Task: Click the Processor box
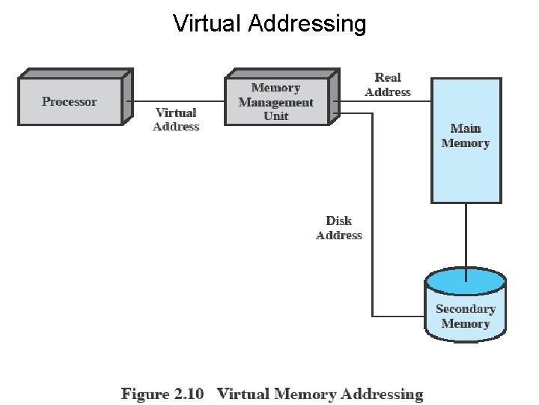click(x=76, y=97)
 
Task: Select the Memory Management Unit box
click(x=282, y=97)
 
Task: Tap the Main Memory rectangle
click(x=466, y=140)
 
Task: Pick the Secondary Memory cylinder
click(x=466, y=304)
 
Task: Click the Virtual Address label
click(x=176, y=119)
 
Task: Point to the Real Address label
click(x=388, y=85)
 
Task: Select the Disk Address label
click(x=339, y=228)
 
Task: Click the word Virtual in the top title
click(x=207, y=23)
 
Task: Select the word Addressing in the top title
click(x=307, y=24)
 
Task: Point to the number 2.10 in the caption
click(x=189, y=394)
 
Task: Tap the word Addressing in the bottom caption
click(x=382, y=394)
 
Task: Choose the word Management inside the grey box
click(x=275, y=103)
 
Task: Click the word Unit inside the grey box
click(x=275, y=115)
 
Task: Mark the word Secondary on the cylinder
click(x=466, y=309)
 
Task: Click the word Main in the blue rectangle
click(x=466, y=128)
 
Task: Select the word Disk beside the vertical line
click(x=339, y=220)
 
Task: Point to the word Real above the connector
click(x=388, y=77)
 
